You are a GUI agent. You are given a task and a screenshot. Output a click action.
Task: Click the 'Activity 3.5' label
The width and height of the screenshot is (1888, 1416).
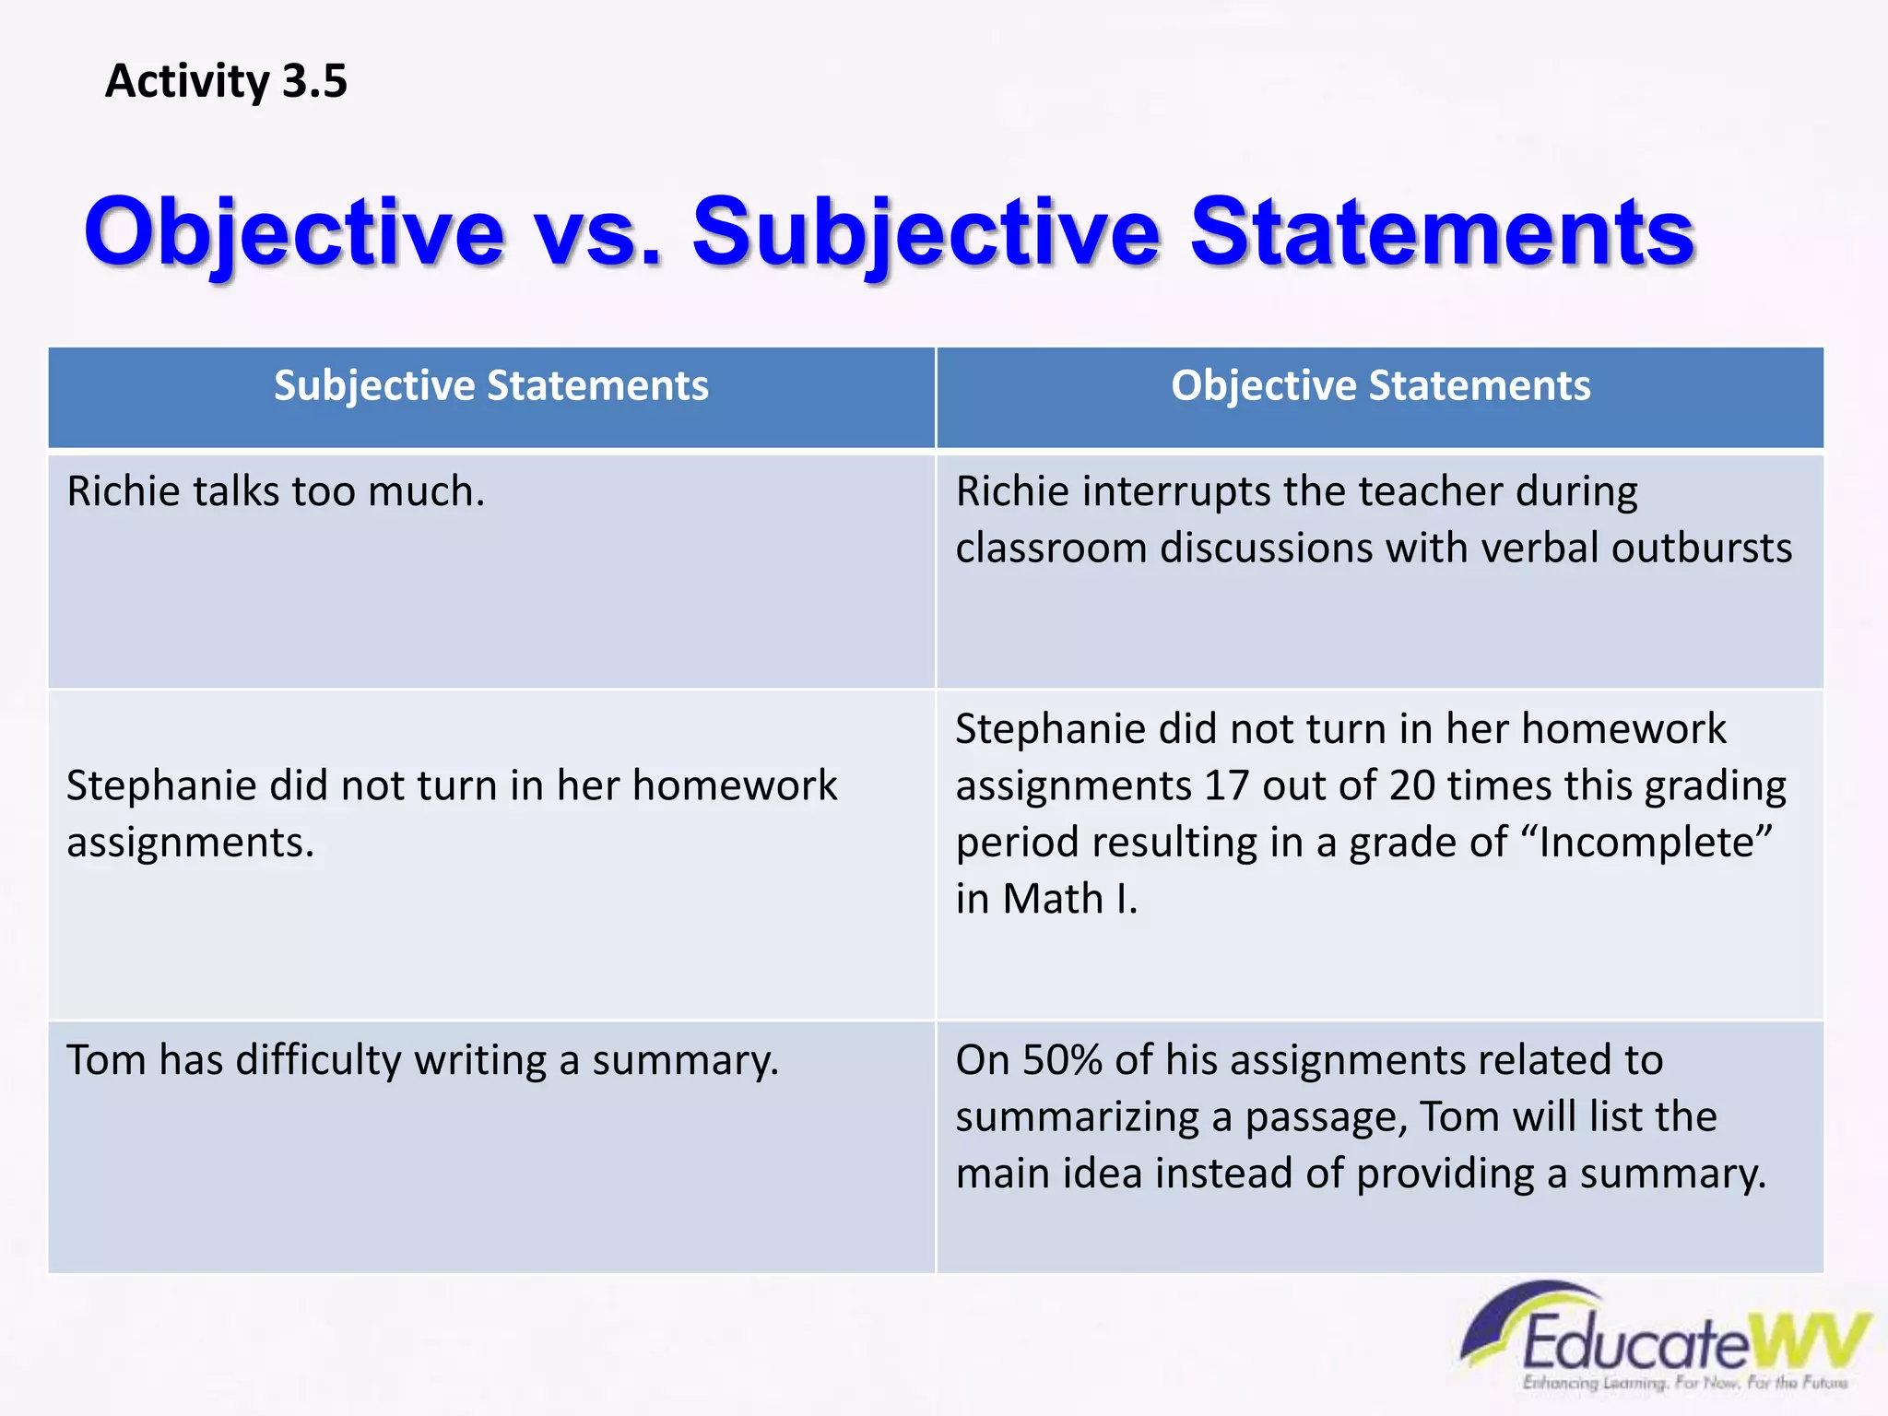[226, 81]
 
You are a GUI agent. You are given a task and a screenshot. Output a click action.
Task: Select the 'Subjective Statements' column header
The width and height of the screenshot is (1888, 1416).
[491, 385]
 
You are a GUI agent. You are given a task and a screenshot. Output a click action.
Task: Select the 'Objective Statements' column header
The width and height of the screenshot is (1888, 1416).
[1380, 385]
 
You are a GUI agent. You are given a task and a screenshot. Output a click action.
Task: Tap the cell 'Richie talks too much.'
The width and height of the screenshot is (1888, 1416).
[276, 491]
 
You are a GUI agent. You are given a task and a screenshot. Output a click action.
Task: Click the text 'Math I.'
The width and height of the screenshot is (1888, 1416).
[1070, 899]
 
